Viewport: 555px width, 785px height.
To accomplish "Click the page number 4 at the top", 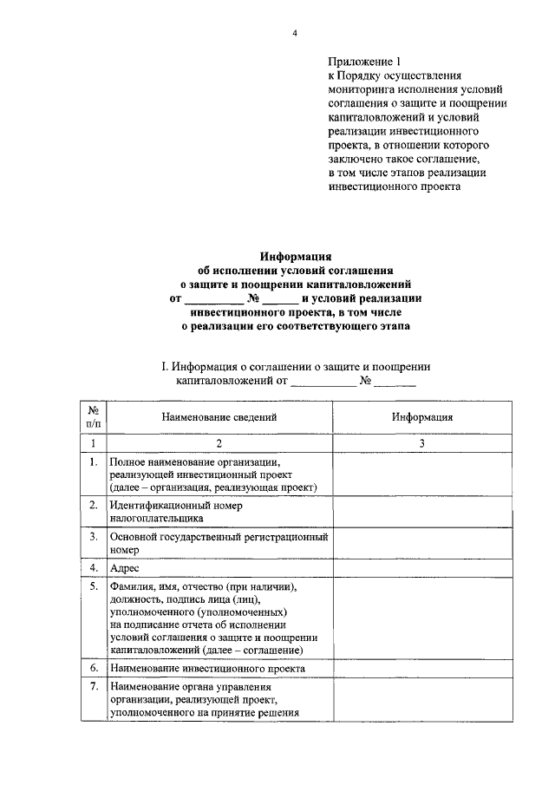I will (x=294, y=34).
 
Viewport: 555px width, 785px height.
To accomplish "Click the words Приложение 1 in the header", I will (x=365, y=62).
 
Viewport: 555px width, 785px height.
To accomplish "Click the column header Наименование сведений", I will (x=219, y=416).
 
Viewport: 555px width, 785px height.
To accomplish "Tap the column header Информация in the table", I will (x=421, y=416).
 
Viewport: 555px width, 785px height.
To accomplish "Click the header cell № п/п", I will (x=93, y=416).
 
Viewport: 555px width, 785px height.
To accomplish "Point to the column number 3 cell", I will (x=421, y=444).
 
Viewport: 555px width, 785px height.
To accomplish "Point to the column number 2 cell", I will (x=219, y=444).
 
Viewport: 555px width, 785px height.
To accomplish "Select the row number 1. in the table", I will (x=93, y=462).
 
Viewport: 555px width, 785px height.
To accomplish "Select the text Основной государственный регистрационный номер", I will (x=219, y=543).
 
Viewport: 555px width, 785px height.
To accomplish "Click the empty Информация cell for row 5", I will (x=421, y=618).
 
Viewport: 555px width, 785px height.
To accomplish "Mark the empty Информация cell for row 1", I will (x=421, y=474).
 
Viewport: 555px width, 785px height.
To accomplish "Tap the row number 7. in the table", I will (x=93, y=688).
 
